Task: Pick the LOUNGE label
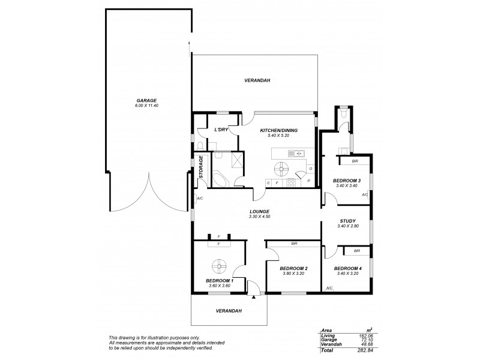pyautogui.click(x=259, y=211)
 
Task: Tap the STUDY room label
pyautogui.click(x=348, y=220)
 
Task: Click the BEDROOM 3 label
pyautogui.click(x=347, y=181)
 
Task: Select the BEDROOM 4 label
pyautogui.click(x=347, y=268)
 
